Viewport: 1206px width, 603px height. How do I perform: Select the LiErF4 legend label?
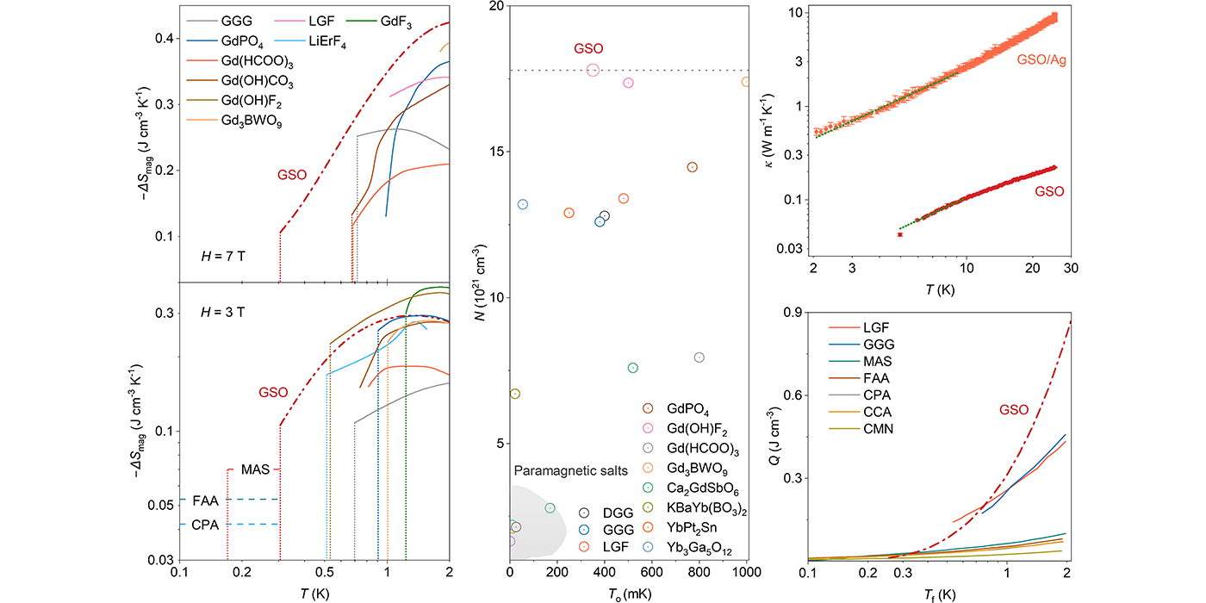click(318, 40)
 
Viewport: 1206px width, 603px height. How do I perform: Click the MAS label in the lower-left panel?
click(256, 469)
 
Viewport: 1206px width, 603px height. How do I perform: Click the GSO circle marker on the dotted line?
click(593, 70)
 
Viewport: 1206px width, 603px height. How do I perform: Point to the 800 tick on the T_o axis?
click(699, 570)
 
